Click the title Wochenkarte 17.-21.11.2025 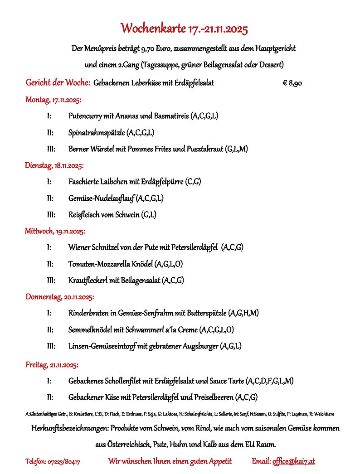click(184, 29)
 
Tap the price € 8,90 click(292, 83)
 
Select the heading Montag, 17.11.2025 click(53, 99)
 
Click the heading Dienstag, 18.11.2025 click(54, 165)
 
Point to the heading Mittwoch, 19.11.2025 click(54, 231)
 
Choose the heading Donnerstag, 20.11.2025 click(59, 297)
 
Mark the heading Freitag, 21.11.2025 click(52, 364)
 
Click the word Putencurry click(85, 116)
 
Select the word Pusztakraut click(204, 149)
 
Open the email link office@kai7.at click(293, 461)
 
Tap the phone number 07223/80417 click(64, 462)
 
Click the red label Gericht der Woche click(58, 83)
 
